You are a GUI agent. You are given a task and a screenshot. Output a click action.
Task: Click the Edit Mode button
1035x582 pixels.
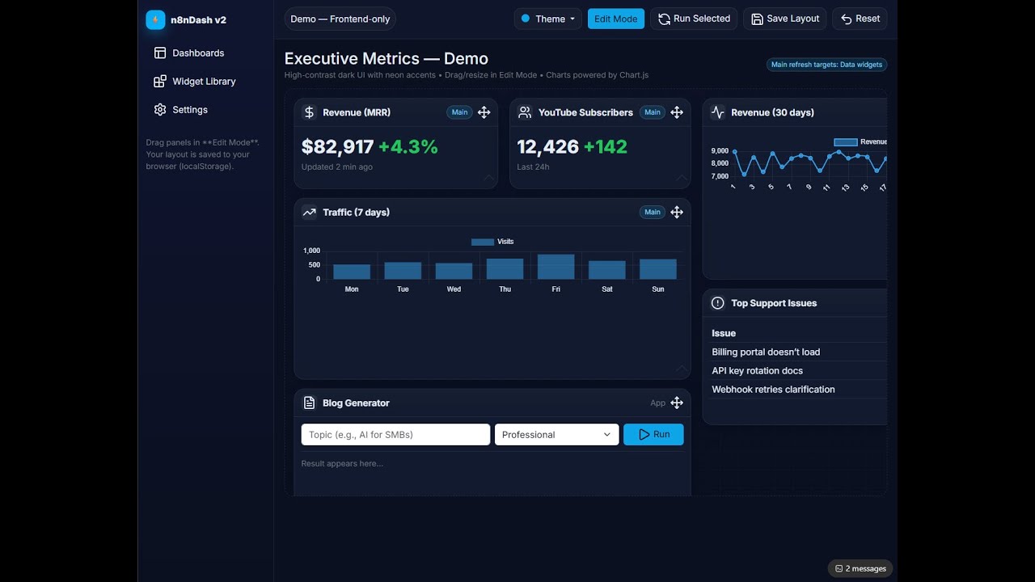click(x=615, y=19)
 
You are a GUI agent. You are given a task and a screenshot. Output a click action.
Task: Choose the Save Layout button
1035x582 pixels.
click(x=784, y=19)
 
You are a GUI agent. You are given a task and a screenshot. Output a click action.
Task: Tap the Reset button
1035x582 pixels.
click(x=860, y=19)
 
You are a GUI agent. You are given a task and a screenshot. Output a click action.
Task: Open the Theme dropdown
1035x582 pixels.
click(x=548, y=19)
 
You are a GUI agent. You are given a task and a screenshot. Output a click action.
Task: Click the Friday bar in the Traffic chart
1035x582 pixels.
click(x=556, y=267)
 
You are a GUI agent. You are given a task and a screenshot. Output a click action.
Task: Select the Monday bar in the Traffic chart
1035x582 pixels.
click(x=352, y=272)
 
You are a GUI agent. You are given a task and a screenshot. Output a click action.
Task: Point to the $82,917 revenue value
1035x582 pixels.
click(x=337, y=147)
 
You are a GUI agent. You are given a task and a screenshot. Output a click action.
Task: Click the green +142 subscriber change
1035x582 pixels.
click(x=605, y=147)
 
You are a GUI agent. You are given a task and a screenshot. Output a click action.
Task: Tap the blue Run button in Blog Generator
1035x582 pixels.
click(x=653, y=435)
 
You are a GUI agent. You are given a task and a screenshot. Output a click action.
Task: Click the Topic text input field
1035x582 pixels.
click(x=395, y=435)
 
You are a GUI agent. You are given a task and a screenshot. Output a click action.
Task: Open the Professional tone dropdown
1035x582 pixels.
click(x=556, y=435)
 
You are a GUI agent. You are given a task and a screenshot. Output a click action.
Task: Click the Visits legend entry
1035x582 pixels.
click(x=492, y=242)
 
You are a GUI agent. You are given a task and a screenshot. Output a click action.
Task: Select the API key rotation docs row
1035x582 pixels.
click(x=757, y=371)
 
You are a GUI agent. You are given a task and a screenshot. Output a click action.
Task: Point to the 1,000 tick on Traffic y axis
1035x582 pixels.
click(x=311, y=251)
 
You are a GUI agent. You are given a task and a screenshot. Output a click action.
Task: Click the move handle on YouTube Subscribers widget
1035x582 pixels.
click(x=677, y=112)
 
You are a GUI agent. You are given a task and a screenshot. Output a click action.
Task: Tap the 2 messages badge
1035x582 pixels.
click(x=860, y=569)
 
